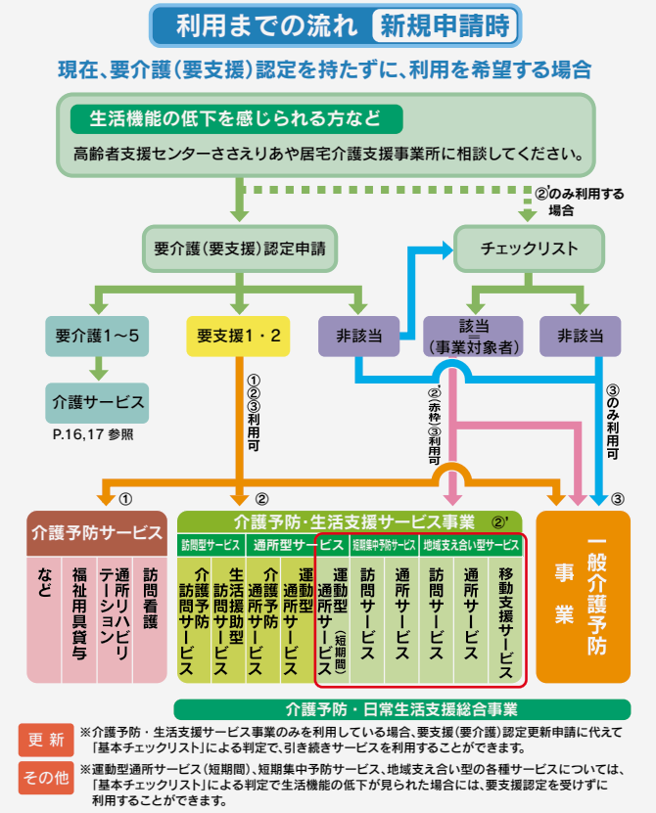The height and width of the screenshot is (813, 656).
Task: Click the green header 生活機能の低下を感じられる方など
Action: click(x=236, y=118)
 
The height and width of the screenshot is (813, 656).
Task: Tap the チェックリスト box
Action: click(x=529, y=248)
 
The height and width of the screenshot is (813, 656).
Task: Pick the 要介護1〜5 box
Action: click(x=98, y=336)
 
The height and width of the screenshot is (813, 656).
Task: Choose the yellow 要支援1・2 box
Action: click(x=239, y=336)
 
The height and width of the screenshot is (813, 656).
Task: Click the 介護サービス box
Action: click(x=98, y=401)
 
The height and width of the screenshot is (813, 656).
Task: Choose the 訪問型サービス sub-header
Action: click(x=211, y=545)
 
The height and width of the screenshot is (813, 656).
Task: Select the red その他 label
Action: click(x=45, y=778)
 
